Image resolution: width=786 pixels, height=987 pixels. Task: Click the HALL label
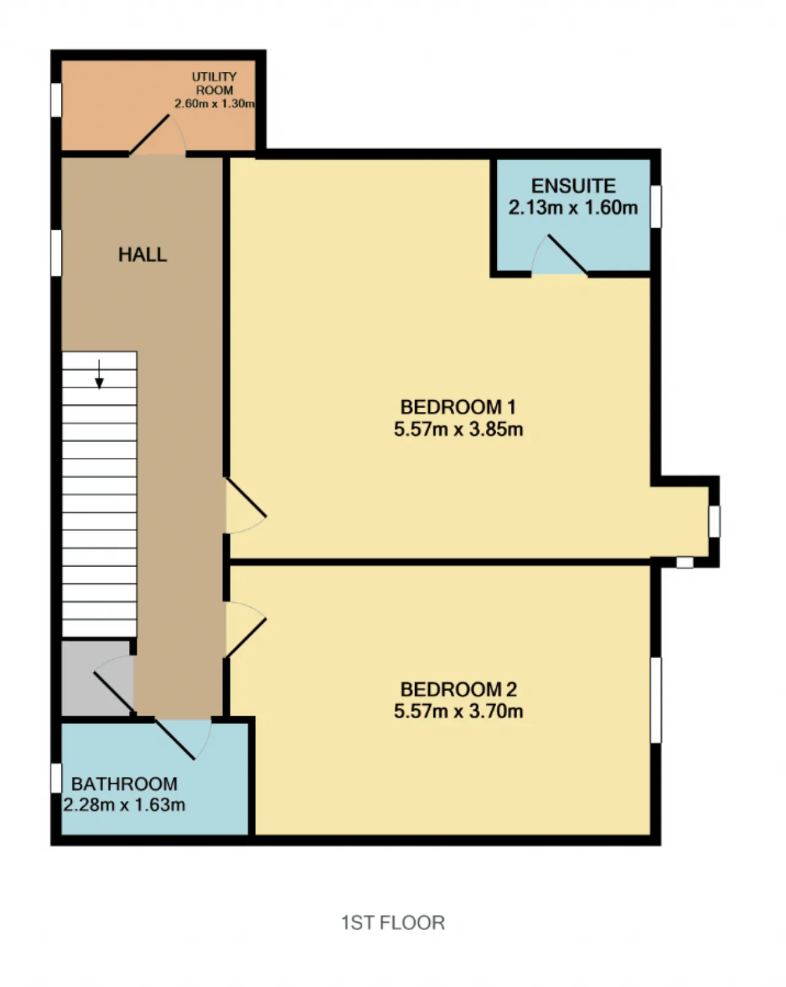tap(142, 255)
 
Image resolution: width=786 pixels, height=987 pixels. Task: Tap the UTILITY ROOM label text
tap(214, 83)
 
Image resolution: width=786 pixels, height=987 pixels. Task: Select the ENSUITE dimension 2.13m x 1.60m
tap(573, 207)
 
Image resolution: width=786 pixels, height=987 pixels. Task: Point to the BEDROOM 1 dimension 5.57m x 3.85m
tap(458, 429)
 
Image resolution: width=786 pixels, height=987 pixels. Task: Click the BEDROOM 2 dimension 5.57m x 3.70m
tap(458, 711)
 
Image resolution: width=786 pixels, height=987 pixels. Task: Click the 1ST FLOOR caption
tap(393, 923)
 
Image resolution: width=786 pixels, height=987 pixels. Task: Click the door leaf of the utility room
tap(150, 134)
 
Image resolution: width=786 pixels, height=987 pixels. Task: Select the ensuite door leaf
tap(567, 255)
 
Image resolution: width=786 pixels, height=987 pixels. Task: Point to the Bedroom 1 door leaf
tap(246, 497)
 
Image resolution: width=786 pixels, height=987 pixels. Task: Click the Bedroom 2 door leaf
tap(246, 639)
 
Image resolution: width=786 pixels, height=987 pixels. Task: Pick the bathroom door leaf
tap(175, 740)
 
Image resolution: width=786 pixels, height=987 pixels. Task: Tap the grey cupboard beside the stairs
tap(97, 678)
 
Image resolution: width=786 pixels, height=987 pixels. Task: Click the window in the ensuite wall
tap(656, 206)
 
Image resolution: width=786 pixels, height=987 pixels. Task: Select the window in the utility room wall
tap(56, 99)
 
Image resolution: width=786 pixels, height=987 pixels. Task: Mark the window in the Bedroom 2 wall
tap(656, 700)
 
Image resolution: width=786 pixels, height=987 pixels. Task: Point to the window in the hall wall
tap(56, 253)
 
